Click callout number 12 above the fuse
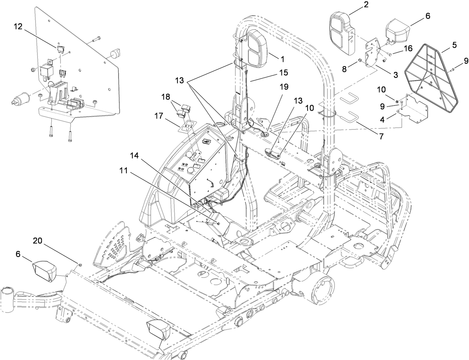pos(18,27)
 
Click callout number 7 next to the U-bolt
pos(381,137)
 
